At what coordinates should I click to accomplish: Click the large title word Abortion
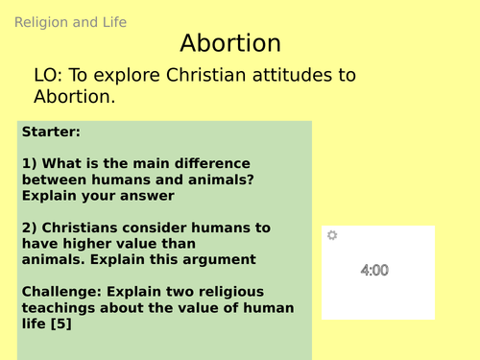230,44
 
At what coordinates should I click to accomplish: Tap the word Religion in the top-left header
40,22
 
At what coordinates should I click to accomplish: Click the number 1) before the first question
29,163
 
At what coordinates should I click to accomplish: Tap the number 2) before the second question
29,228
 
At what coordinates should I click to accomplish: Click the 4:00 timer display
374,271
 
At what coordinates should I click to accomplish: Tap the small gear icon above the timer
332,235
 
